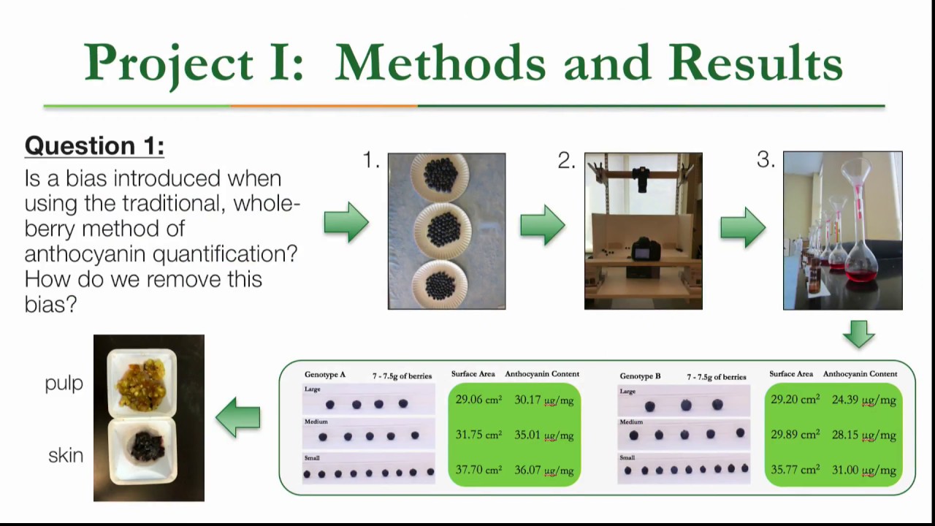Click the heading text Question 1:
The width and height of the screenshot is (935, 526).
94,146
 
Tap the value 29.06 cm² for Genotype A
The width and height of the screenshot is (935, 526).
478,400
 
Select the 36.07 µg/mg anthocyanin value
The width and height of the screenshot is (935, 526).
543,470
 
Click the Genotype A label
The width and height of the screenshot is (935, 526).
325,375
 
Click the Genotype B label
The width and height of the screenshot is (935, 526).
640,376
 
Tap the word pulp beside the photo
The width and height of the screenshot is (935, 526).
64,384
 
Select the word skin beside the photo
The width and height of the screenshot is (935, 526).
66,456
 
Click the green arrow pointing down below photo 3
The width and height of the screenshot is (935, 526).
858,334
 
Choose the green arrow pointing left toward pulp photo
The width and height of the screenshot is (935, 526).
238,417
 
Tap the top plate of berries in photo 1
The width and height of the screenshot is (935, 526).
440,175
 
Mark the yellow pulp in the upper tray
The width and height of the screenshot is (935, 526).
141,384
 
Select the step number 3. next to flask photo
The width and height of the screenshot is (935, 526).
766,161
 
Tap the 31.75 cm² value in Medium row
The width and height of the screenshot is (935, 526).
478,435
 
